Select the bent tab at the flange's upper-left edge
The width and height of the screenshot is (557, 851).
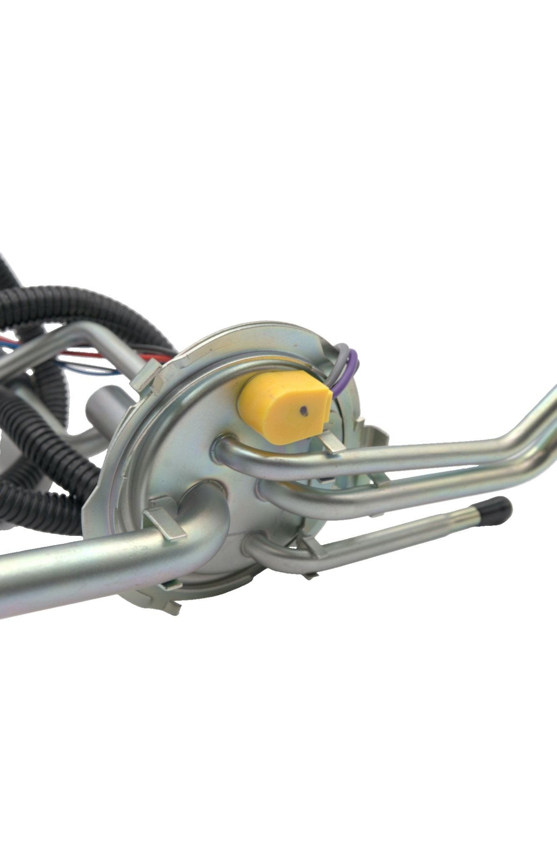[148, 378]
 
